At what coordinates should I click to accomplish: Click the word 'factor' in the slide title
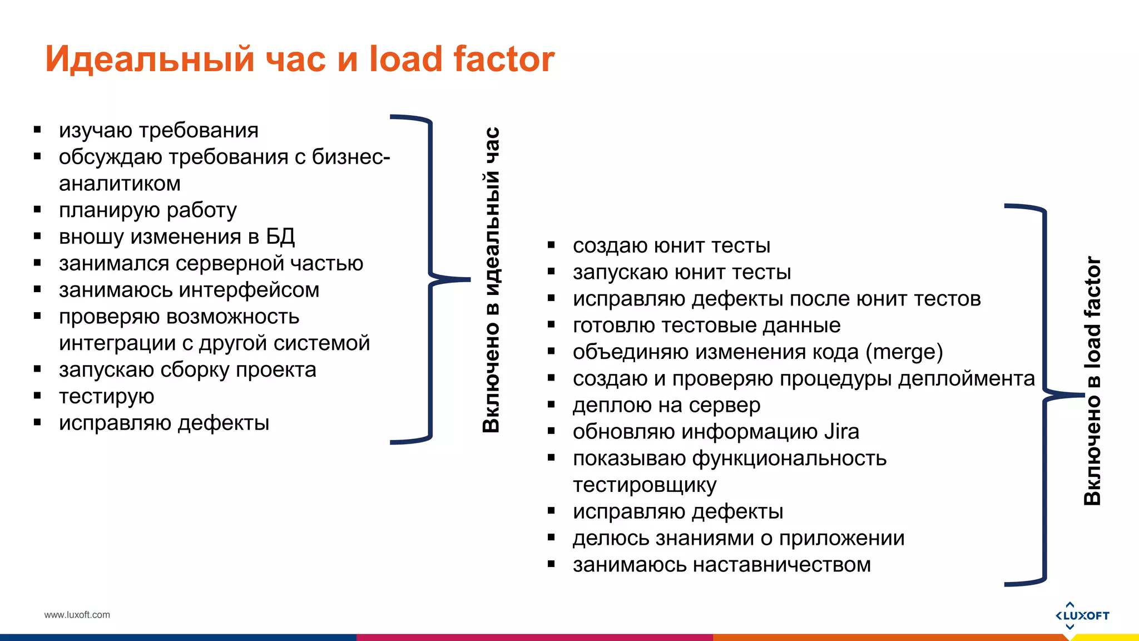pos(503,59)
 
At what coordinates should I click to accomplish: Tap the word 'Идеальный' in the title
pos(150,59)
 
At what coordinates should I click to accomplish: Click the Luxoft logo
pos(1082,615)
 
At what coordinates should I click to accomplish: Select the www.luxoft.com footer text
pos(77,615)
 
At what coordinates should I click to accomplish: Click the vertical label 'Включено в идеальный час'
pos(491,280)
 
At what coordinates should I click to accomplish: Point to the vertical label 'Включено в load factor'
pos(1092,381)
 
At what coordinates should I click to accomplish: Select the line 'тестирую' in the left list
pos(107,396)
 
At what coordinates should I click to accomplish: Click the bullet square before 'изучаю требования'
pos(37,130)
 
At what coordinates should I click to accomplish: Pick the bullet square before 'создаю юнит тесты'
pos(551,245)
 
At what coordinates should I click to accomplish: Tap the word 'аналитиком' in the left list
pos(120,184)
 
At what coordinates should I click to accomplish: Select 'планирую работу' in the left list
pos(148,210)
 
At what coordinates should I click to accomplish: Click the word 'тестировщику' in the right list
pos(645,485)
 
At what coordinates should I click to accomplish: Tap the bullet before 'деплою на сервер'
pos(551,405)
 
